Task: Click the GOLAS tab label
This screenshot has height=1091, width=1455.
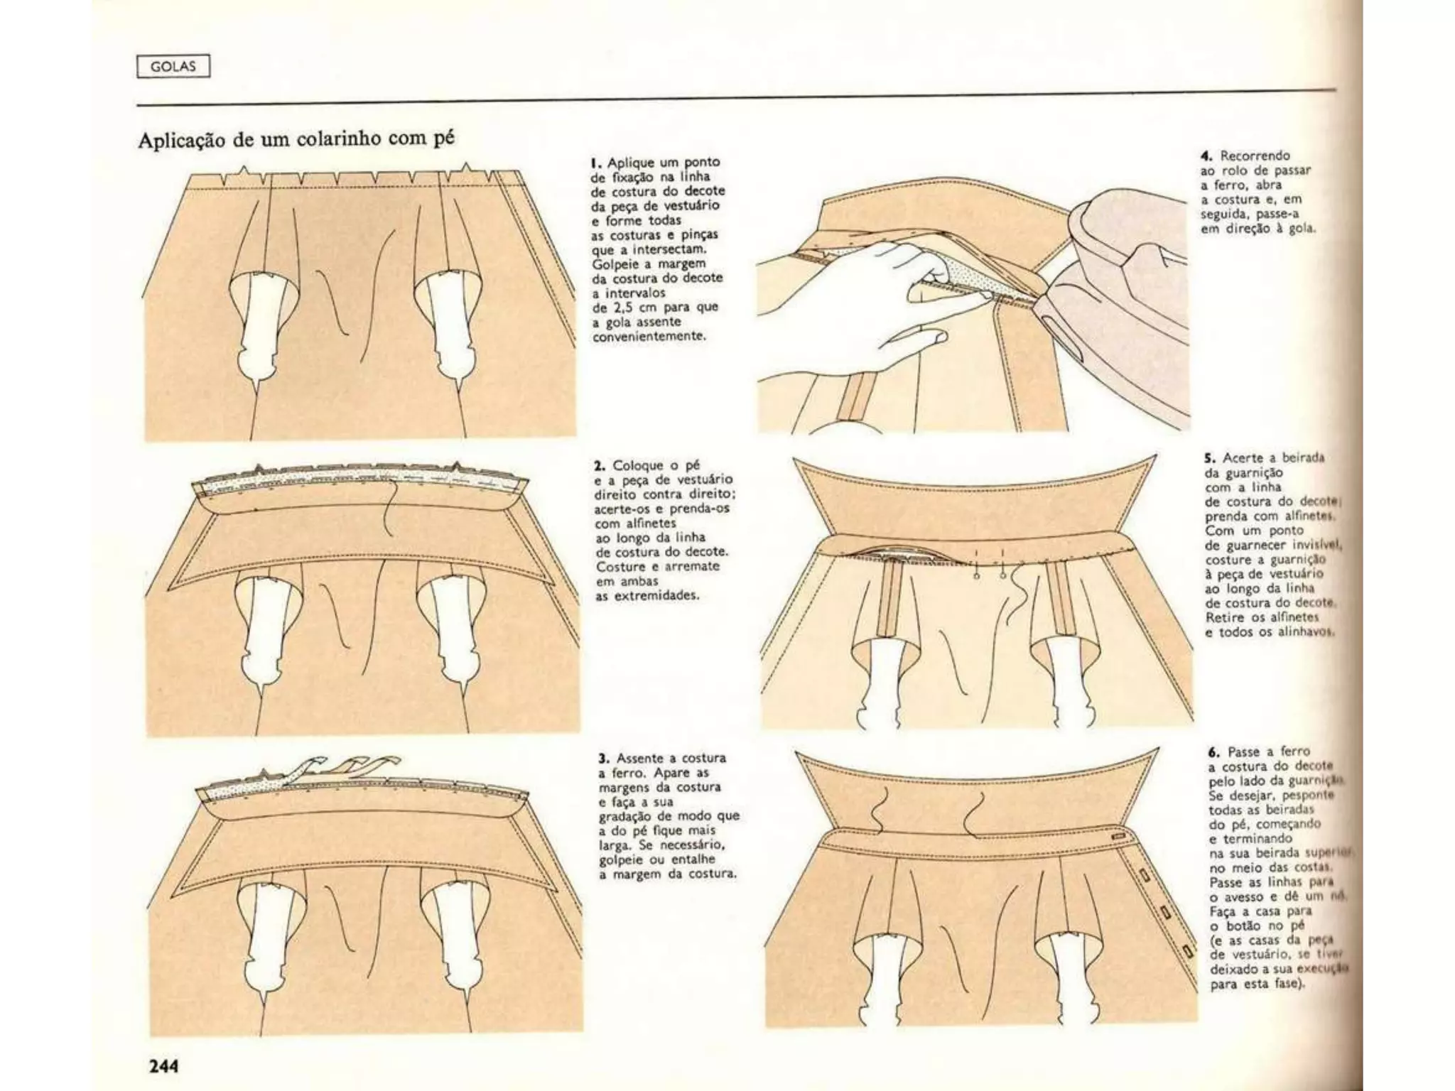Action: [x=173, y=67]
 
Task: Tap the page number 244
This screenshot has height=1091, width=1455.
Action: [x=163, y=1066]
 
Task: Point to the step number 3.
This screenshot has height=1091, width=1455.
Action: [x=604, y=759]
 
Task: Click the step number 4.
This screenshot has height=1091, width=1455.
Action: [x=1206, y=156]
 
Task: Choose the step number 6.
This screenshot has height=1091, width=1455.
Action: [x=1213, y=752]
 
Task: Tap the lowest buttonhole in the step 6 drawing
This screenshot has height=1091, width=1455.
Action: [x=1186, y=950]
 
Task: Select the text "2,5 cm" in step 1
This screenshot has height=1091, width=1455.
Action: [x=625, y=308]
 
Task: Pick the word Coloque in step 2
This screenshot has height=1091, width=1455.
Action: [x=637, y=466]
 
